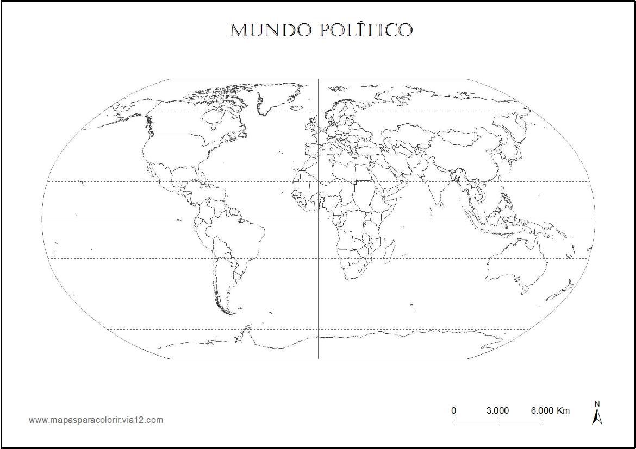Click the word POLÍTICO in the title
(365, 30)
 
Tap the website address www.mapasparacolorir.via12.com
(96, 420)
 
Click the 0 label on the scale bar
(454, 410)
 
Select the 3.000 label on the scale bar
(497, 410)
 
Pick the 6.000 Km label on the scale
(550, 410)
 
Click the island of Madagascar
(389, 250)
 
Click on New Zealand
(563, 290)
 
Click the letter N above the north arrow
(597, 404)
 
